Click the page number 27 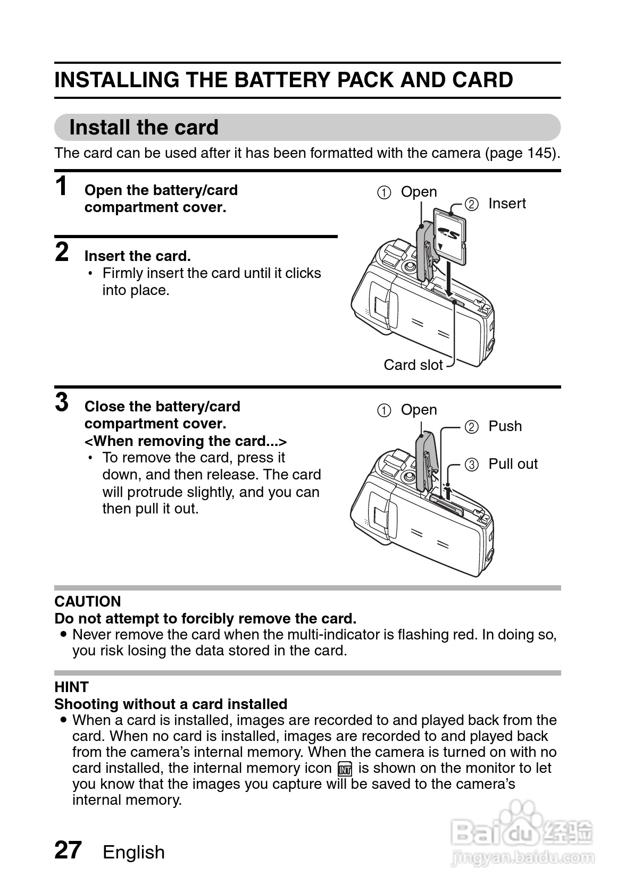click(x=68, y=850)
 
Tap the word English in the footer click(x=134, y=852)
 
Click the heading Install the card click(x=144, y=128)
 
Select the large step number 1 click(x=62, y=187)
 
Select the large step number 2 click(x=62, y=252)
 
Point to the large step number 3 click(x=62, y=402)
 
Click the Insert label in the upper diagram click(x=507, y=204)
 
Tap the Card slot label click(x=413, y=365)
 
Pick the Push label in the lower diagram click(x=505, y=426)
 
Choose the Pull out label click(x=513, y=464)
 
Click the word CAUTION click(x=88, y=602)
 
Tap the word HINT click(x=71, y=687)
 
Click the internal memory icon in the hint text click(x=345, y=769)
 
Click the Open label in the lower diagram click(x=419, y=410)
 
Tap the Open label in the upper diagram click(x=419, y=192)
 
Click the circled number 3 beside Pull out click(x=471, y=465)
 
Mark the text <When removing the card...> click(x=186, y=441)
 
